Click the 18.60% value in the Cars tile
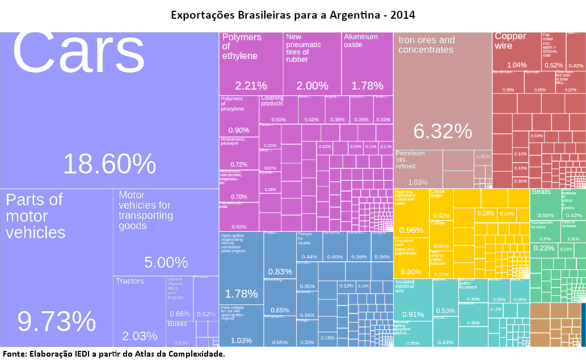tap(109, 164)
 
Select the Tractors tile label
tap(130, 281)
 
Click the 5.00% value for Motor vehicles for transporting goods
tap(166, 262)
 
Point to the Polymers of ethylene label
tap(242, 46)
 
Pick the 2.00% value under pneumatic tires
tap(312, 86)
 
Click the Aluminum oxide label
tap(361, 41)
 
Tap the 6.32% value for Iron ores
tap(442, 131)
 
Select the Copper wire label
tap(511, 41)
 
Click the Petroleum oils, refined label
tap(410, 160)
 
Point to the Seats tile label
tap(541, 192)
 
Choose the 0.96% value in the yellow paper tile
tap(411, 230)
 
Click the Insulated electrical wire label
tap(404, 286)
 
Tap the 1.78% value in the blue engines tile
tap(242, 294)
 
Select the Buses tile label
tap(177, 324)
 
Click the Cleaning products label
tap(272, 101)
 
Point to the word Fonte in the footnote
tap(14, 354)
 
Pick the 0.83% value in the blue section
tap(279, 272)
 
